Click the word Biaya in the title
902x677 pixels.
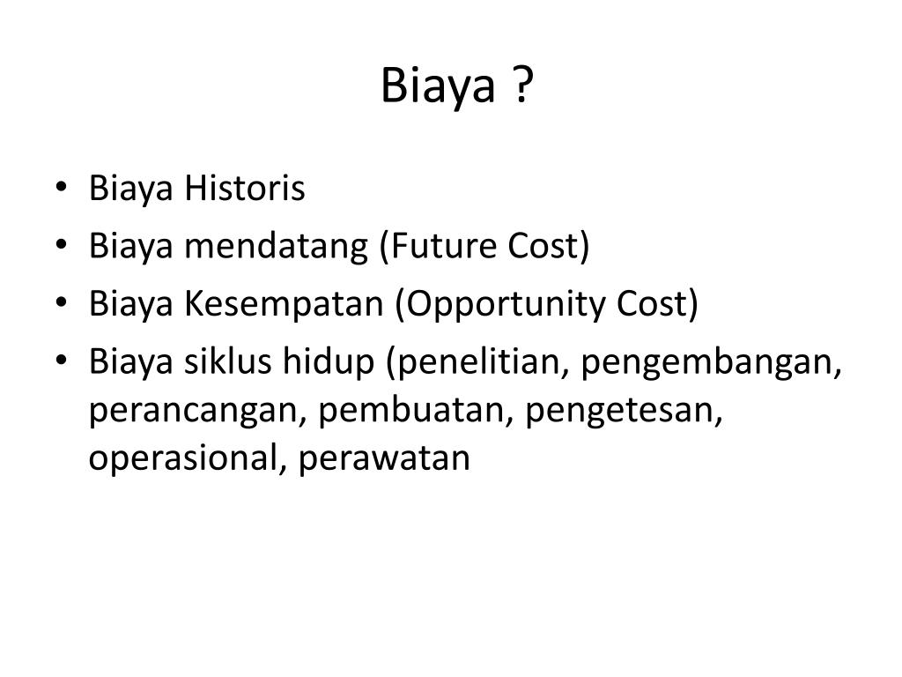pos(438,86)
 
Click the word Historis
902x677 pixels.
pos(245,188)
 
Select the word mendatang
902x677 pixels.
pos(276,246)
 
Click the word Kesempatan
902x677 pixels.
pos(284,304)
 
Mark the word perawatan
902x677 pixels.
pos(384,459)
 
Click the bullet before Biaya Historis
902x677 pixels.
pos(62,187)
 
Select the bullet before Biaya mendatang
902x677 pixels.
pos(62,245)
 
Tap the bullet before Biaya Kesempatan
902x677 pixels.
pos(62,302)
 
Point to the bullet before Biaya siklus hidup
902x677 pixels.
pos(62,361)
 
